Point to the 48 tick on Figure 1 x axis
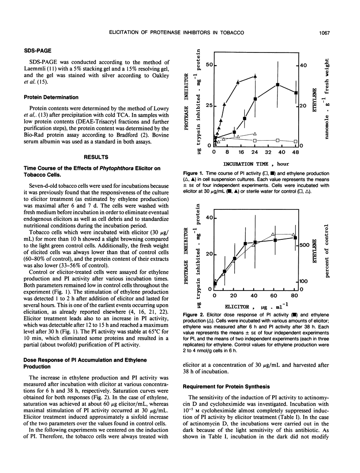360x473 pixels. click(x=296, y=152)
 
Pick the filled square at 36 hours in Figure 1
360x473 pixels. click(x=277, y=85)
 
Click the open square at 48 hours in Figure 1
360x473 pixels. click(x=295, y=141)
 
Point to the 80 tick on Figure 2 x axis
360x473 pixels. click(x=294, y=295)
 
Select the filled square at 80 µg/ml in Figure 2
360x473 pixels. click(x=295, y=238)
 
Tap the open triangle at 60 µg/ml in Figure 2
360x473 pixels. click(x=274, y=235)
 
